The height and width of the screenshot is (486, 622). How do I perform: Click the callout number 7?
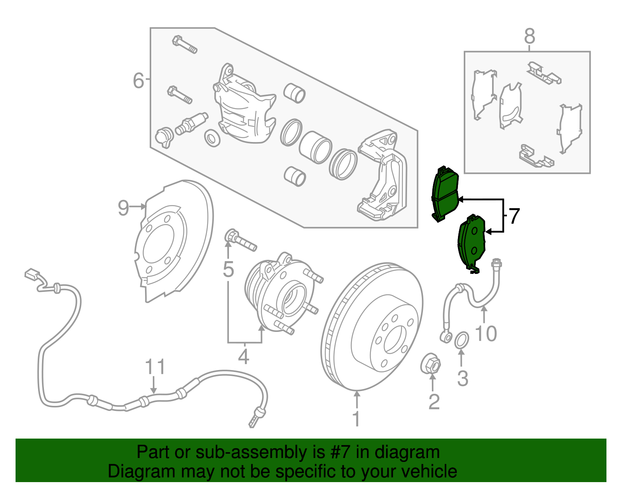[x=514, y=216]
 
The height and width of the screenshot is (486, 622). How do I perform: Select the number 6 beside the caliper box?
[x=138, y=81]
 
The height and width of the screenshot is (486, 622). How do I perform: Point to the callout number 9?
[x=123, y=208]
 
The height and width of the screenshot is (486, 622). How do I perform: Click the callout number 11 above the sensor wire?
[x=155, y=367]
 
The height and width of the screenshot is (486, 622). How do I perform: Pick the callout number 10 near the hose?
[x=486, y=333]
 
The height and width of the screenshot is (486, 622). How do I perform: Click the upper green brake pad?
[x=445, y=195]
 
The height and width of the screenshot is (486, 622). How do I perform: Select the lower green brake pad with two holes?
[x=472, y=242]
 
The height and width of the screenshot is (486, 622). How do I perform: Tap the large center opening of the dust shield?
[x=159, y=244]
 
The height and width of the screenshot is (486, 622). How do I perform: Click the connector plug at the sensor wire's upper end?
[x=31, y=274]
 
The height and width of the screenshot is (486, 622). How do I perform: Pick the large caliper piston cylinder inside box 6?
[x=315, y=147]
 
